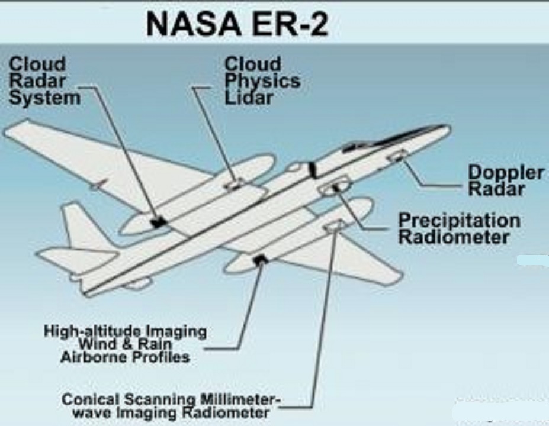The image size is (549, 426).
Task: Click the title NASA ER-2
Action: click(x=237, y=24)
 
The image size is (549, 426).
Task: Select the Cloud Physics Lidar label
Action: click(x=262, y=80)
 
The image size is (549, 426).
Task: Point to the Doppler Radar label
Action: click(x=505, y=180)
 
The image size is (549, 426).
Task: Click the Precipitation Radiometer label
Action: click(x=458, y=229)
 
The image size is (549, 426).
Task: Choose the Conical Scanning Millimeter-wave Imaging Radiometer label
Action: click(x=171, y=406)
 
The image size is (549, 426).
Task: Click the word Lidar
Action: click(x=249, y=98)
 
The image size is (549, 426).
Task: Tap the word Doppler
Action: click(x=505, y=172)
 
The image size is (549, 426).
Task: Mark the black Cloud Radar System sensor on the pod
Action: click(x=158, y=222)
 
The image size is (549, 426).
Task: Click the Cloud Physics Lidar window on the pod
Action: click(x=233, y=185)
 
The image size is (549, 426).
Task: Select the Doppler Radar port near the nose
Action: click(x=397, y=156)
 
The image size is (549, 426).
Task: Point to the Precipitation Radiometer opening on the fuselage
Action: click(x=333, y=189)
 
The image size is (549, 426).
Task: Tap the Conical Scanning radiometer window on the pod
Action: click(x=333, y=225)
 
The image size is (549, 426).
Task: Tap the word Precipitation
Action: click(x=458, y=221)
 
